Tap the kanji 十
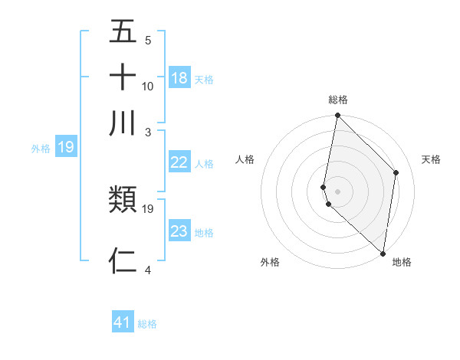123,78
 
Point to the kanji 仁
123,260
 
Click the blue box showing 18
179,78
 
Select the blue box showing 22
179,162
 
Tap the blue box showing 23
179,231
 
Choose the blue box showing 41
123,322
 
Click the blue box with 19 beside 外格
65,147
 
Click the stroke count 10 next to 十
148,86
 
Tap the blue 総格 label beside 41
147,324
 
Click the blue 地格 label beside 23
204,232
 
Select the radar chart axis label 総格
338,100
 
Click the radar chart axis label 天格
432,159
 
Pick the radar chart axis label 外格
270,262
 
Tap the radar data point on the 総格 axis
337,116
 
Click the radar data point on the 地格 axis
383,254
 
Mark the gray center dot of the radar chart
337,191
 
